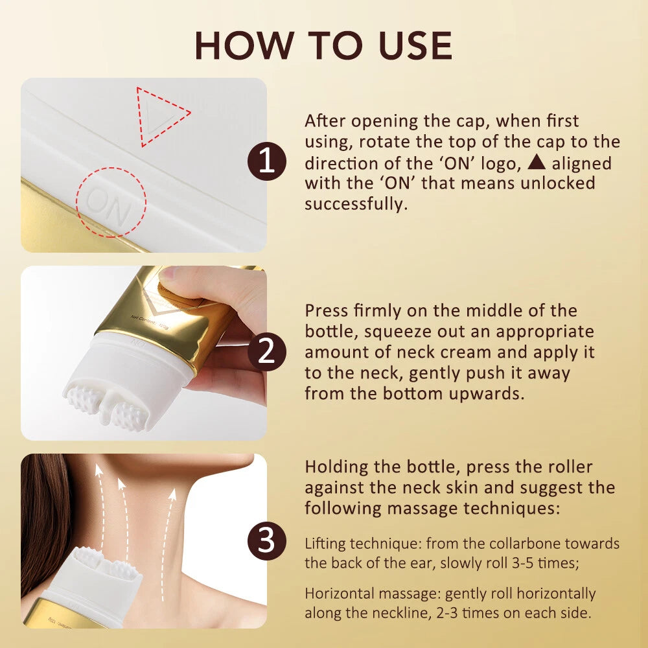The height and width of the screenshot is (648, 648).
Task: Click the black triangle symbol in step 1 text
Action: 537,163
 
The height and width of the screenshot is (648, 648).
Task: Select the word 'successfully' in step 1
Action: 354,204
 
